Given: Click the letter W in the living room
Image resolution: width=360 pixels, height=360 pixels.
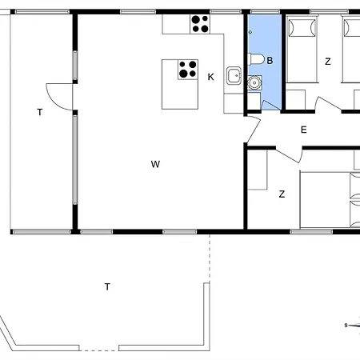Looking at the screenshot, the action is coord(155,164).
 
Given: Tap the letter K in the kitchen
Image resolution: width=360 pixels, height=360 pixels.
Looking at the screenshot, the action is coord(210,77).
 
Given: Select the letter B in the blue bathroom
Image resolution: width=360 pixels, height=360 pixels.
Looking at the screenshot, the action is coord(270,61).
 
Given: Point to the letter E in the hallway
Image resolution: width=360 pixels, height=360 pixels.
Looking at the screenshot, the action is coord(303,130).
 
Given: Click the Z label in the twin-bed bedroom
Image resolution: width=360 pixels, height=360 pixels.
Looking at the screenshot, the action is coord(328,62).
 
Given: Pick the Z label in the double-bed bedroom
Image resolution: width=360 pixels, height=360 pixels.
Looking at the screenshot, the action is coord(282,194).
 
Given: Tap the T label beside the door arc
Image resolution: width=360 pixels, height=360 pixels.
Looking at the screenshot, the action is coord(40,112).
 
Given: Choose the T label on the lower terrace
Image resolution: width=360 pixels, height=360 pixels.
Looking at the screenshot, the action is coord(107,286).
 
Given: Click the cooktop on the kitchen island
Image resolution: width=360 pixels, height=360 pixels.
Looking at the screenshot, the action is coord(188,70).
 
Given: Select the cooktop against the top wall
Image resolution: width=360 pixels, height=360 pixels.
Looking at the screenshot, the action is coord(200,24).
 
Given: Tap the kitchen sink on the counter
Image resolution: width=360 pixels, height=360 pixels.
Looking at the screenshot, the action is coord(234,76).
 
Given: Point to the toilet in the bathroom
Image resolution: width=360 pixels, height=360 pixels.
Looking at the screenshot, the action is coord(256,59).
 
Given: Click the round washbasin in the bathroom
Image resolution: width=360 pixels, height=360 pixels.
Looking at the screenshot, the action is coord(254,83).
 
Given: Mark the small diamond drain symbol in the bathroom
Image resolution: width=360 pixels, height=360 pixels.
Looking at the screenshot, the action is coord(250,32).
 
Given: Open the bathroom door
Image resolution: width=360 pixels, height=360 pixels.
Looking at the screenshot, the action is coord(270,105).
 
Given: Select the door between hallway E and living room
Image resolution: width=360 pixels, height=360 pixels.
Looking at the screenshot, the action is coord(254,130).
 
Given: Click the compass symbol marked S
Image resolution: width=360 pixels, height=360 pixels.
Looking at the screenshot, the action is coord(352,325).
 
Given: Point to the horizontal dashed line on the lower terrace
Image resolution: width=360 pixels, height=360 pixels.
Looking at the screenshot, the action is coord(99,350).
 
